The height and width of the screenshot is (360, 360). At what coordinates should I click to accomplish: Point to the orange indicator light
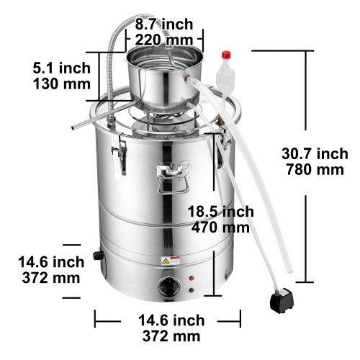192,278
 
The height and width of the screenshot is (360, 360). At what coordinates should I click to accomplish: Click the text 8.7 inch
165,24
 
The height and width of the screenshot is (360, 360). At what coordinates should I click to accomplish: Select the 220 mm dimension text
165,40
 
